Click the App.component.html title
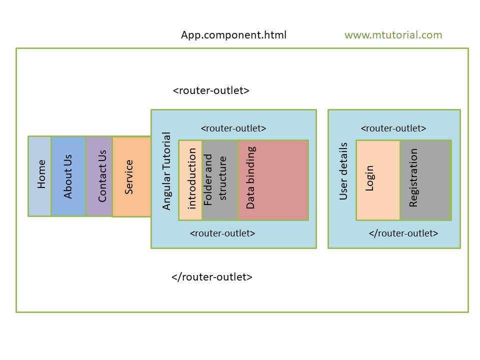coord(233,35)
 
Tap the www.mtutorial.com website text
coord(393,35)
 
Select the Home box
coord(40,176)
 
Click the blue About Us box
coord(68,176)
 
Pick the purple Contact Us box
coord(99,176)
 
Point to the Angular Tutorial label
coord(167,171)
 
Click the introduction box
coord(191,180)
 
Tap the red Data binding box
coord(272,180)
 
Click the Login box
coord(378,180)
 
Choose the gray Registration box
coord(425,180)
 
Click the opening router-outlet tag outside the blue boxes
coord(211,90)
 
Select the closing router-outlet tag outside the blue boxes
coord(211,276)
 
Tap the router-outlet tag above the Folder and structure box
coord(233,128)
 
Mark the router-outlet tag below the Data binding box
coord(222,233)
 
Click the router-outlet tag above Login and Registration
coord(393,128)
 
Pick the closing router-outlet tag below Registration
coord(403,233)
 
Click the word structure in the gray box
coord(223,178)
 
